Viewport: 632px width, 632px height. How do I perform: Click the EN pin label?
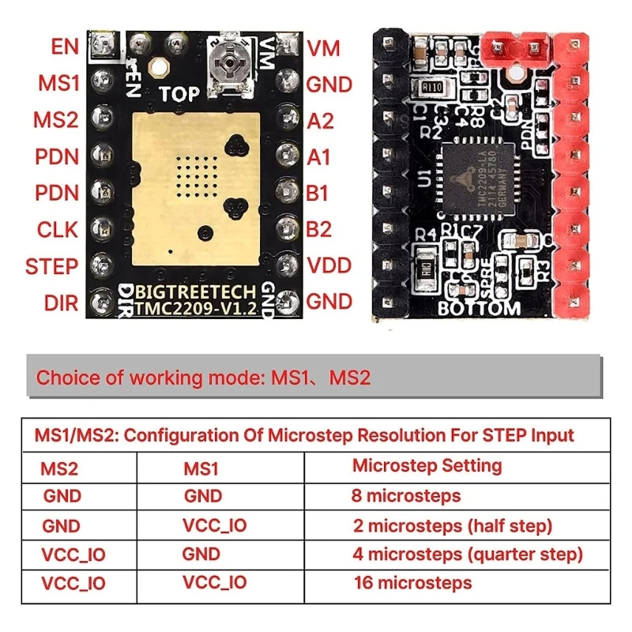click(x=65, y=47)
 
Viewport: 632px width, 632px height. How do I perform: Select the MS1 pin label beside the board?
click(x=58, y=83)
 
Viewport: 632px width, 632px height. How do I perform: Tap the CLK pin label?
click(x=58, y=229)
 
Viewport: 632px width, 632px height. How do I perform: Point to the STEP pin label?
click(x=52, y=265)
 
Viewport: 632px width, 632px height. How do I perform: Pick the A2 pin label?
click(x=320, y=121)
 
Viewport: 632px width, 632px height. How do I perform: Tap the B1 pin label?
click(x=318, y=194)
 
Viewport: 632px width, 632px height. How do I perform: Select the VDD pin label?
click(x=329, y=265)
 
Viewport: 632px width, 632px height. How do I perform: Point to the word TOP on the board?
click(x=179, y=95)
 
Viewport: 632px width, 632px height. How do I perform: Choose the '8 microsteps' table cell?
click(x=406, y=496)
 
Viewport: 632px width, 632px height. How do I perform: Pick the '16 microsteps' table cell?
click(x=412, y=583)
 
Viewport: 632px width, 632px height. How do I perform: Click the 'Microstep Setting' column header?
click(x=427, y=465)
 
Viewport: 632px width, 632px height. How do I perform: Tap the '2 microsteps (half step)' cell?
click(x=453, y=525)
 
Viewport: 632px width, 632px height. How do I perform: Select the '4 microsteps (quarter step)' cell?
click(x=468, y=554)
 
